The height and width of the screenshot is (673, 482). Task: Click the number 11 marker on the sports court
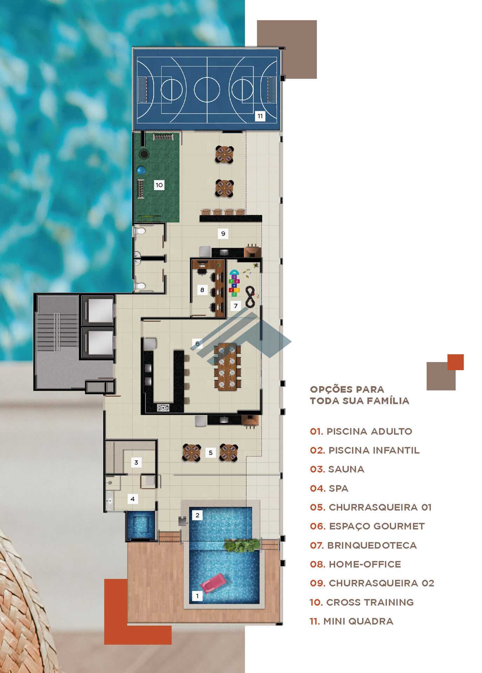coord(260,116)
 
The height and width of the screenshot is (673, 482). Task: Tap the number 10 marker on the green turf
coord(159,185)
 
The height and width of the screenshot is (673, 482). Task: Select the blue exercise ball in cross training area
coord(141,171)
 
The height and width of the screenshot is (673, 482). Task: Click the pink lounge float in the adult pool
coord(213,583)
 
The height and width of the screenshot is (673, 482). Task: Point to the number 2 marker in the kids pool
coord(197,515)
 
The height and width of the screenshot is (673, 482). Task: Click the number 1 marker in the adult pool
coord(197,596)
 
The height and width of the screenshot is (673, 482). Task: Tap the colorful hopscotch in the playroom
coord(234,283)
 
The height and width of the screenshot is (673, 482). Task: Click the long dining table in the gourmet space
coord(227,366)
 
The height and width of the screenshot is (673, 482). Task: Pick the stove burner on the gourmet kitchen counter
coord(163,408)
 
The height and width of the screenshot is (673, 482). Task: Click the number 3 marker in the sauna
coord(136,462)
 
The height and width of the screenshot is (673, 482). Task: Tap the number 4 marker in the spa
coord(133,499)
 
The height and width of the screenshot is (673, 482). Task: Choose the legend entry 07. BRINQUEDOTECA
coord(363,545)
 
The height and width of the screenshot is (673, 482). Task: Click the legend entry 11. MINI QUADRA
coord(351,621)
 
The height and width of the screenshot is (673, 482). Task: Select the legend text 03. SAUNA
coord(337,469)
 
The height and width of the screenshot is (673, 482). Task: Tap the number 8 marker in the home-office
coord(202,290)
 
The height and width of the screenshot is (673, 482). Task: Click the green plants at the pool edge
coord(242,545)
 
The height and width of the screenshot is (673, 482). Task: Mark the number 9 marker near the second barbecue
coord(223,233)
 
